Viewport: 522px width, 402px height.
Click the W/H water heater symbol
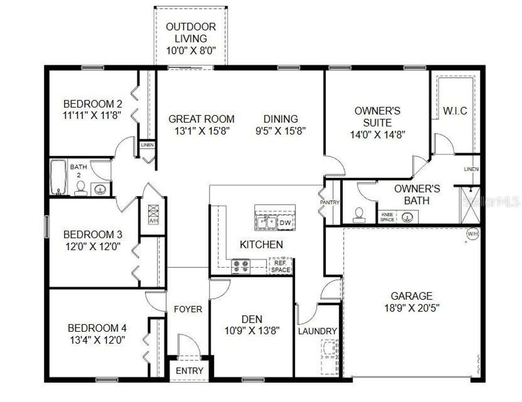pyautogui.click(x=472, y=234)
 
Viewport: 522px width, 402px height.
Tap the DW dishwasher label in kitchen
pyautogui.click(x=285, y=223)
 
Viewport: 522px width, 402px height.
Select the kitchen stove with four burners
pyautogui.click(x=240, y=266)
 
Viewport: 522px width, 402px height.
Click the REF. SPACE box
pyautogui.click(x=281, y=266)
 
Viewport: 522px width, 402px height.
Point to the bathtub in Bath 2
pyautogui.click(x=58, y=177)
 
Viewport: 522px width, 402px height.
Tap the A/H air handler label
pyautogui.click(x=153, y=221)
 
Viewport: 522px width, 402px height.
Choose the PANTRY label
pyautogui.click(x=330, y=202)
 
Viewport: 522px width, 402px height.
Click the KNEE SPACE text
pyautogui.click(x=387, y=217)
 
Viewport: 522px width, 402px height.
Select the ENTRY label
pyautogui.click(x=190, y=371)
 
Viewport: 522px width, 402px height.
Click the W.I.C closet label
pyautogui.click(x=455, y=111)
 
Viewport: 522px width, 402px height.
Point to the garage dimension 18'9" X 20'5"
pyautogui.click(x=411, y=308)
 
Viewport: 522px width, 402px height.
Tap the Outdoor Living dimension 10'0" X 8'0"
pyautogui.click(x=191, y=51)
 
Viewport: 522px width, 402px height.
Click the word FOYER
pyautogui.click(x=188, y=309)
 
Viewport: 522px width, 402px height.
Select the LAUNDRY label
pyautogui.click(x=317, y=331)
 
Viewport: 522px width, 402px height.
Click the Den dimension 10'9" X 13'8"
pyautogui.click(x=252, y=331)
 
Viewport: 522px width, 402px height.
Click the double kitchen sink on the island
pyautogui.click(x=267, y=223)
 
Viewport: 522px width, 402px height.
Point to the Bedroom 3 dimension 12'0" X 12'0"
pyautogui.click(x=93, y=247)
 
